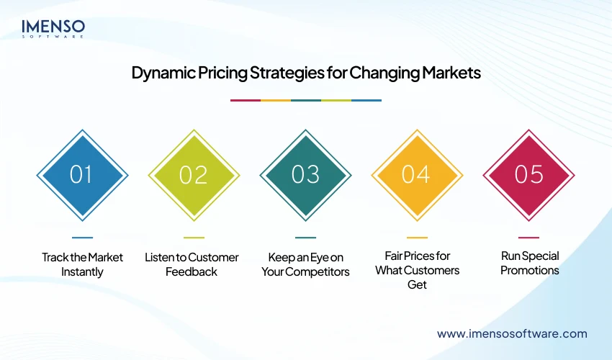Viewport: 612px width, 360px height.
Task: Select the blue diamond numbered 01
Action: click(x=82, y=175)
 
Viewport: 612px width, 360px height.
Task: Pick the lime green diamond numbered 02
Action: click(x=194, y=175)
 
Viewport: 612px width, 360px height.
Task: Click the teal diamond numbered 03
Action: click(x=305, y=175)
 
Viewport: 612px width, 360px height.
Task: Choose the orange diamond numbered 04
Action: click(x=417, y=175)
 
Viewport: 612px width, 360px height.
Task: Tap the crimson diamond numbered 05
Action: click(x=528, y=175)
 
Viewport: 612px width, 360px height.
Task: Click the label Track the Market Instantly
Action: click(x=82, y=264)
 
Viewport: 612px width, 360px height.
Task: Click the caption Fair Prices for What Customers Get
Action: click(x=417, y=270)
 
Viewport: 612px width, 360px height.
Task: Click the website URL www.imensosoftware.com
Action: click(x=512, y=333)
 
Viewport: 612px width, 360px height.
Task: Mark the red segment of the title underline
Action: click(x=245, y=100)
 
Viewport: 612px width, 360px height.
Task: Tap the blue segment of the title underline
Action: click(x=366, y=100)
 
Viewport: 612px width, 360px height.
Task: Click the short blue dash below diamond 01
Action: click(x=82, y=237)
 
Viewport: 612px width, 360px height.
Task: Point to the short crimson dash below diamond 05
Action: click(x=528, y=237)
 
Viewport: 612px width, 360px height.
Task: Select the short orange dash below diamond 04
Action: click(x=417, y=237)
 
